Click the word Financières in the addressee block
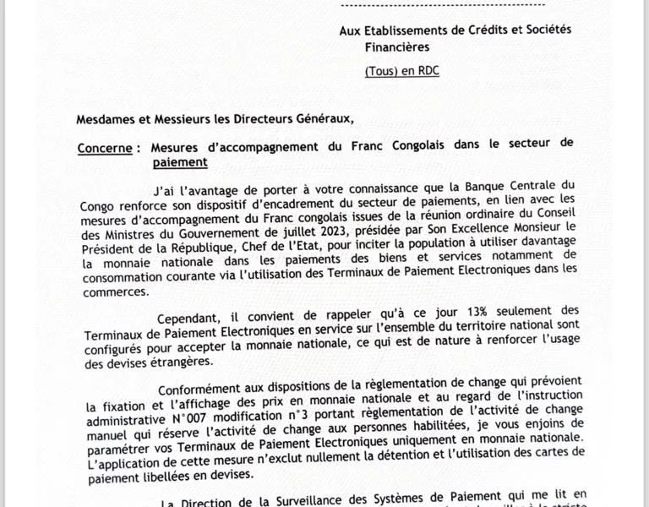(397, 48)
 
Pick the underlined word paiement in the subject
(179, 161)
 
